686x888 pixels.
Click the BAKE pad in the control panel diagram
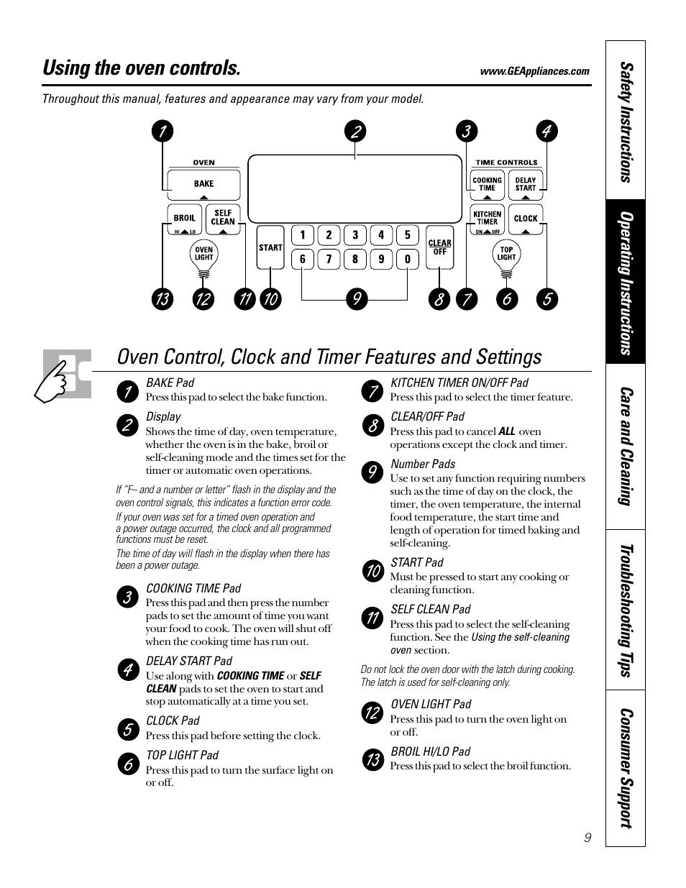coord(203,184)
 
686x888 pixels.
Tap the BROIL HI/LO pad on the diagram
coord(185,219)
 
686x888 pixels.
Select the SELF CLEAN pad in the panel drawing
coord(223,219)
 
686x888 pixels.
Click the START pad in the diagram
coord(270,248)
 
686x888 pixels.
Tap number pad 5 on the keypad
coord(407,235)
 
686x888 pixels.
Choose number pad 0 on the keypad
coord(407,259)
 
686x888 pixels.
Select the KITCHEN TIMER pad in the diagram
coord(487,219)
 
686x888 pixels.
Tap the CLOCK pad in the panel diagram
coord(526,219)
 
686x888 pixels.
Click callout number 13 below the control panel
coord(163,299)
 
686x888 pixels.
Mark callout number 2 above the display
coord(355,131)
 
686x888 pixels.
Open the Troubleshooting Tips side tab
coord(626,610)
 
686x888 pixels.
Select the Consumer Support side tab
coord(626,768)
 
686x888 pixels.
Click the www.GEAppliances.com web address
coord(534,71)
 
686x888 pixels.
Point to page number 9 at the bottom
coord(587,838)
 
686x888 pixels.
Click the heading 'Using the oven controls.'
coord(142,68)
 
